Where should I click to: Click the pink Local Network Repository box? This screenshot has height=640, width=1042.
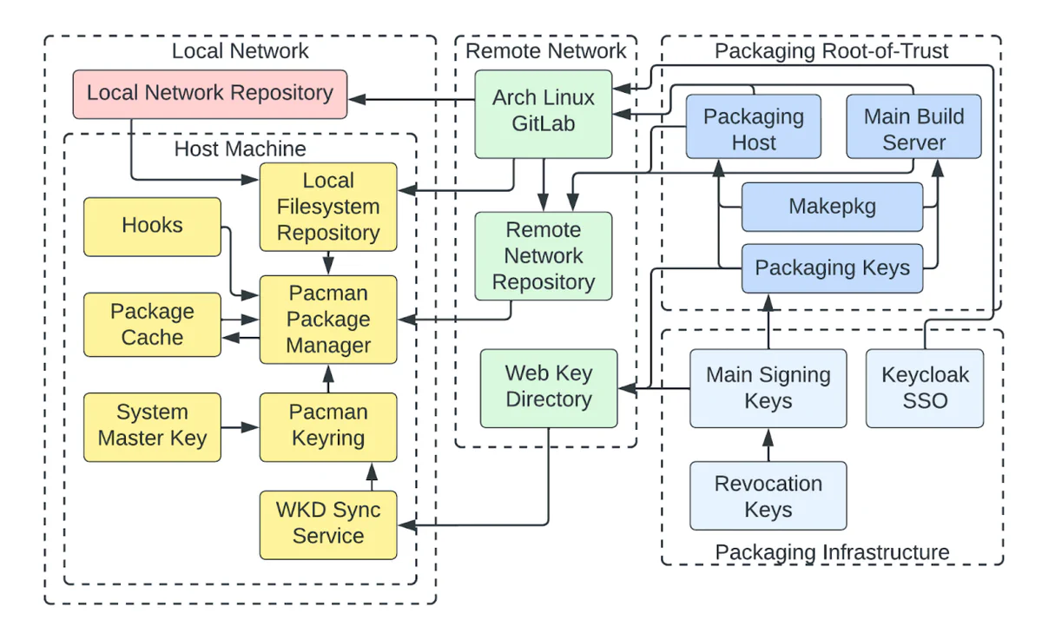(x=209, y=94)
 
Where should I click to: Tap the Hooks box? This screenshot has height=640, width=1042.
(x=153, y=227)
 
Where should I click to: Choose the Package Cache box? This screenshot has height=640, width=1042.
(x=153, y=325)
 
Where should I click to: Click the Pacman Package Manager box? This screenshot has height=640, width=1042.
(x=328, y=320)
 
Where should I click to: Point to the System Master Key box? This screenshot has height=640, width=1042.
(x=153, y=426)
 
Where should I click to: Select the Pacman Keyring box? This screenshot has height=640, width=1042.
(x=328, y=426)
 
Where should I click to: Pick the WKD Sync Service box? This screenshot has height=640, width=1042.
(x=328, y=524)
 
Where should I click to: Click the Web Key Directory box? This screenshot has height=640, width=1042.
(x=549, y=387)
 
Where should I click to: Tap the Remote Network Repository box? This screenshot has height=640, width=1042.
(x=544, y=256)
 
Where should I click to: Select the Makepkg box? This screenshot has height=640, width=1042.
(x=832, y=207)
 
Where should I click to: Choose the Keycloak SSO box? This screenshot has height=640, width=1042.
(x=925, y=388)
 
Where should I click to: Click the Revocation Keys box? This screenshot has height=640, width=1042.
(x=768, y=496)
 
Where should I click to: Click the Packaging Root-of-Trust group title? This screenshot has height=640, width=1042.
(x=831, y=51)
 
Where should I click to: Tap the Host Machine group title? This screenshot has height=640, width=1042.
(x=240, y=148)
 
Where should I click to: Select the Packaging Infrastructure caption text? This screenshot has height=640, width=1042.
(x=831, y=552)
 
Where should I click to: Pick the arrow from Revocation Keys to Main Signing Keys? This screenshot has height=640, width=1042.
(x=768, y=445)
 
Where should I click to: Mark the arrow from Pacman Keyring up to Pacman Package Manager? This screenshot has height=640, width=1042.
(x=328, y=379)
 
